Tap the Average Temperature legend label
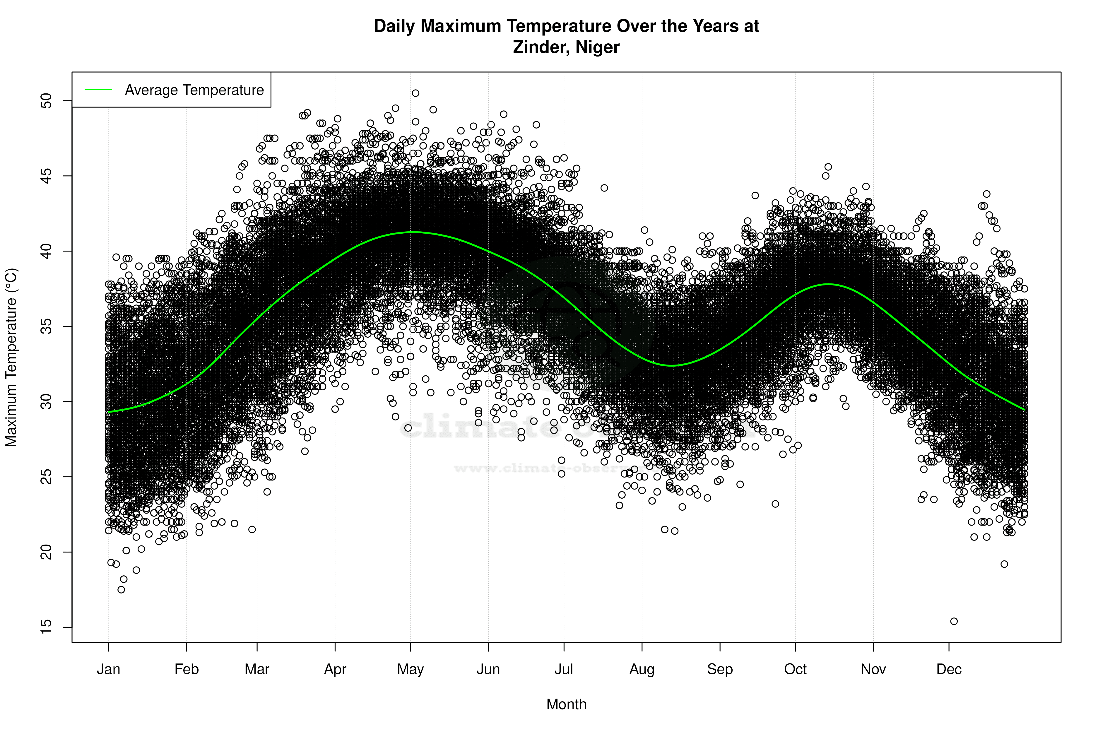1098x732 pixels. pyautogui.click(x=194, y=90)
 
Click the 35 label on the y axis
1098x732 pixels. pyautogui.click(x=47, y=326)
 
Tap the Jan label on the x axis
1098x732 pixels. pyautogui.click(x=108, y=669)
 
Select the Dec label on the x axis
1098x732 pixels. pyautogui.click(x=949, y=669)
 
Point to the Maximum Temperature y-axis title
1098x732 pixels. pyautogui.click(x=11, y=357)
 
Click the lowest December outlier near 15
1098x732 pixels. pyautogui.click(x=954, y=621)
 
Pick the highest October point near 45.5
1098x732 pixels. pyautogui.click(x=828, y=167)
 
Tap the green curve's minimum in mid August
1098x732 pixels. pyautogui.click(x=671, y=365)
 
